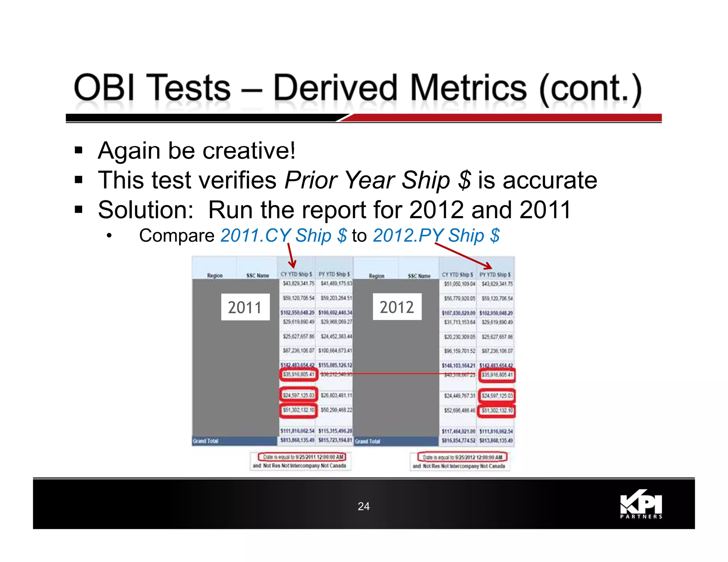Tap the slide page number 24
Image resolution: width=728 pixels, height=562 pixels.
pos(364,506)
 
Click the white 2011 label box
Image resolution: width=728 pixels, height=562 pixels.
pos(245,307)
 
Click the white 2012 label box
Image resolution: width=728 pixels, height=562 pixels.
pos(397,307)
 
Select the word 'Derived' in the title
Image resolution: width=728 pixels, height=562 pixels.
pos(334,88)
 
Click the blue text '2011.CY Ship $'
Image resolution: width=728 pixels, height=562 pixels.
pos(283,236)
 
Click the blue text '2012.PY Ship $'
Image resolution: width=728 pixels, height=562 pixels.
pos(436,236)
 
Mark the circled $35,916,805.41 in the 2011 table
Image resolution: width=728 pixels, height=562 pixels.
pos(298,374)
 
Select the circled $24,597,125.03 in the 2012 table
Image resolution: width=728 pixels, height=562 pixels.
pos(497,396)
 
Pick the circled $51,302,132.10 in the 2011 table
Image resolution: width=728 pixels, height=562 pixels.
pos(298,410)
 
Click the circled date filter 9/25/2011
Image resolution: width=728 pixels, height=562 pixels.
pos(302,457)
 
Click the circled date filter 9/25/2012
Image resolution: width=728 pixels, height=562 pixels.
pos(462,457)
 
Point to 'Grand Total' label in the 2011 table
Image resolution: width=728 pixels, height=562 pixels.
pos(205,441)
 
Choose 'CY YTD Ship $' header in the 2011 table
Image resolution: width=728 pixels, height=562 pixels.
pos(296,274)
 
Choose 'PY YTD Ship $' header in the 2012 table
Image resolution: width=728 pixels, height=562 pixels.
pos(495,275)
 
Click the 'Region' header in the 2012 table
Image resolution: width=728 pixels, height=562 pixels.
pos(376,276)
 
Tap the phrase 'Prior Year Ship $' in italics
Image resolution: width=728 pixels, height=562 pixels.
pos(378,180)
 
